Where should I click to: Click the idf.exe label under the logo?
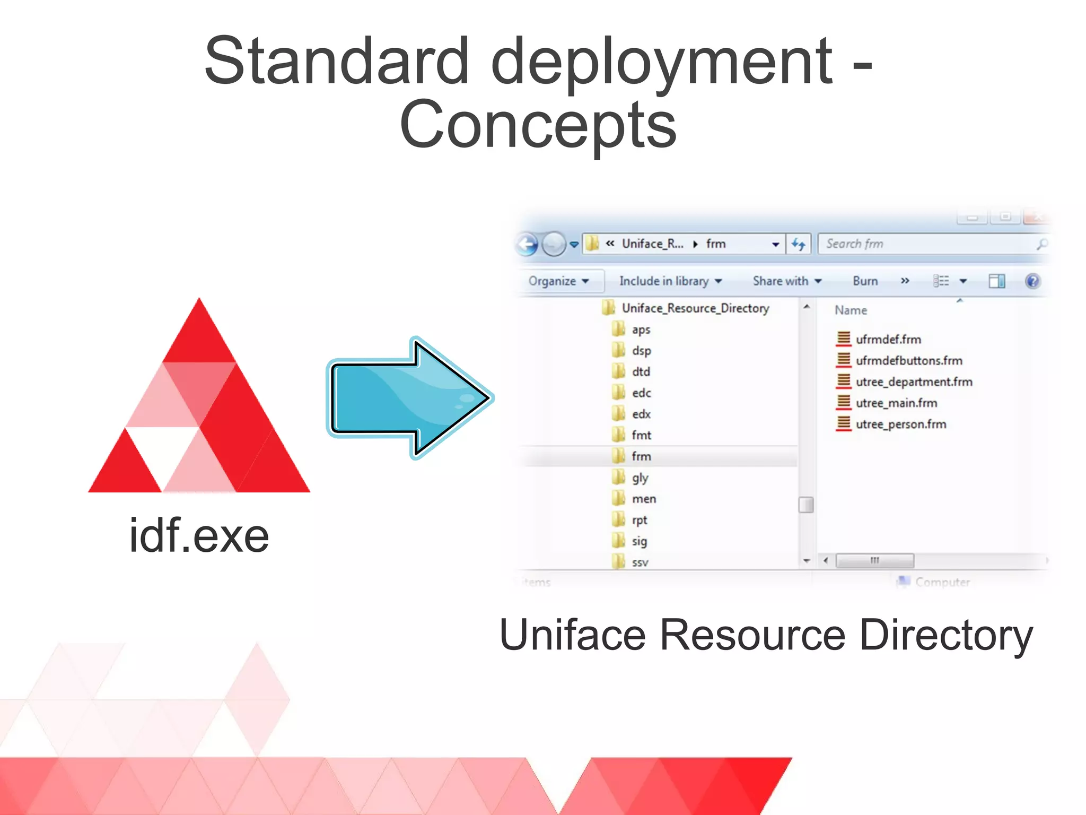199,536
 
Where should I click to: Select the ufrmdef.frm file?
888,340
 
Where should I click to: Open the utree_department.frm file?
913,382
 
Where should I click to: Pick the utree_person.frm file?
900,424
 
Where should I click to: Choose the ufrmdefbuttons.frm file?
908,361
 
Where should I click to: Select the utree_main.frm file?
896,403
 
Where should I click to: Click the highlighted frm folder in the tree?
641,456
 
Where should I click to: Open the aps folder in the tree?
641,330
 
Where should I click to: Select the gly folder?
640,478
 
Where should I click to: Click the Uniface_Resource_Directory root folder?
695,308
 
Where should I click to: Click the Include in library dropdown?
670,281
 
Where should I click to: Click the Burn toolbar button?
865,281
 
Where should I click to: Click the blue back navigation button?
527,245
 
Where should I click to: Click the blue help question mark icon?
1032,281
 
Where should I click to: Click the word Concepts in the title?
538,125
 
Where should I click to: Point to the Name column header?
851,310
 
